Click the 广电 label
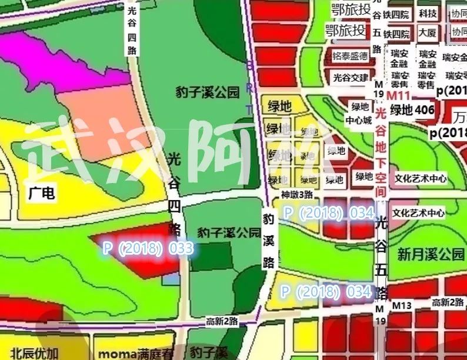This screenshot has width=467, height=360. pos(41,193)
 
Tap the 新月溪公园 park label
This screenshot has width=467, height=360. pos(431,255)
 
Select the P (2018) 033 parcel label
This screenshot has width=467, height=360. pos(148,248)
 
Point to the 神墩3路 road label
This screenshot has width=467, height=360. pos(297,195)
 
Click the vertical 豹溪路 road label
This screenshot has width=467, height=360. pos(269,240)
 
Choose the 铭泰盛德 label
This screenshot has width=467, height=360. pos(350,56)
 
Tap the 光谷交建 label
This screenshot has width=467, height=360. pos(351,78)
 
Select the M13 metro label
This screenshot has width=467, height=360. pos(402,305)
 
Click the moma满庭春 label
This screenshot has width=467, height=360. pos(136,354)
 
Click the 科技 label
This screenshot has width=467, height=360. pos(428,14)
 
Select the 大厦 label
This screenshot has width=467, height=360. pos(428,33)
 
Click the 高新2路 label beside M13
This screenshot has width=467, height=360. pos(444,302)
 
